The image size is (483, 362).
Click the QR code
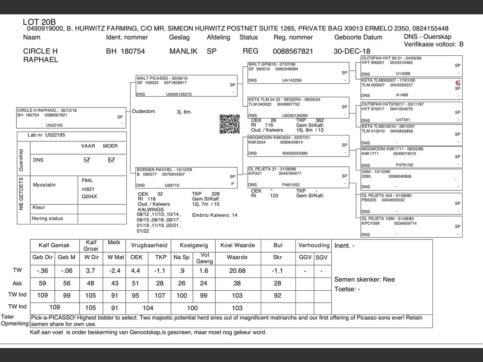click(x=229, y=124)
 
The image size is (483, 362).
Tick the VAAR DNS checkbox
click(x=87, y=160)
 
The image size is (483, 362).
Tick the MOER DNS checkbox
click(x=111, y=160)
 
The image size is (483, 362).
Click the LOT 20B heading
click(x=39, y=22)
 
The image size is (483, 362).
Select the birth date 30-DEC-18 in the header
click(x=352, y=51)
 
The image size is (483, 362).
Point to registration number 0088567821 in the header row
click(x=293, y=51)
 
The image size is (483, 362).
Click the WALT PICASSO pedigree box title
click(x=162, y=78)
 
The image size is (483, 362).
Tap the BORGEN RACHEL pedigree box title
click(x=164, y=170)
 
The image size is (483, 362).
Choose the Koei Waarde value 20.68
click(x=237, y=271)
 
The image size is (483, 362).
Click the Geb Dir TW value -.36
click(x=42, y=271)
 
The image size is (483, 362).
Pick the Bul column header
click(x=278, y=245)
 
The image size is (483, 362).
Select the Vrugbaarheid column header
click(x=149, y=245)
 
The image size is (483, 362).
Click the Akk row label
click(x=17, y=284)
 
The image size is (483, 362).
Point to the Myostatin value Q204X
click(x=89, y=196)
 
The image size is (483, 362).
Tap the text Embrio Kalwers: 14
click(x=215, y=215)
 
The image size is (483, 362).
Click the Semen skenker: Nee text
click(x=365, y=279)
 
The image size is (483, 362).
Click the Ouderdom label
click(x=143, y=112)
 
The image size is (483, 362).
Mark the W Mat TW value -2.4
click(x=114, y=271)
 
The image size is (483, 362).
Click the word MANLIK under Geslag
click(x=183, y=51)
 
